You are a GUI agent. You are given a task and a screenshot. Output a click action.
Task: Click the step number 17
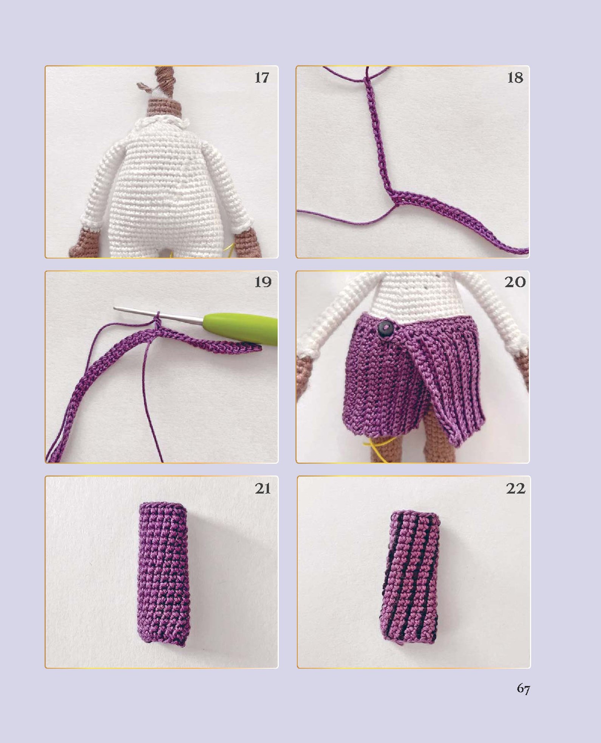pyautogui.click(x=262, y=78)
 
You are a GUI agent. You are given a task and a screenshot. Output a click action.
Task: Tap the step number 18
pyautogui.click(x=515, y=78)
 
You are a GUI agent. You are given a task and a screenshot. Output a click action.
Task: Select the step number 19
pyautogui.click(x=263, y=282)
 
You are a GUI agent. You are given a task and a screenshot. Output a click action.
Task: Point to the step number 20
pyautogui.click(x=515, y=282)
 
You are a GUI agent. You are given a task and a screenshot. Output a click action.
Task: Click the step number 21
pyautogui.click(x=263, y=489)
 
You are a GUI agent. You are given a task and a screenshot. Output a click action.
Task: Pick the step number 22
pyautogui.click(x=516, y=489)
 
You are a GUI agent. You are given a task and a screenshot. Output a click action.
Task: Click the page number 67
pyautogui.click(x=523, y=689)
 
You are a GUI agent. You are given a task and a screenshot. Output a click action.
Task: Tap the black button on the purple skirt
pyautogui.click(x=385, y=328)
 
